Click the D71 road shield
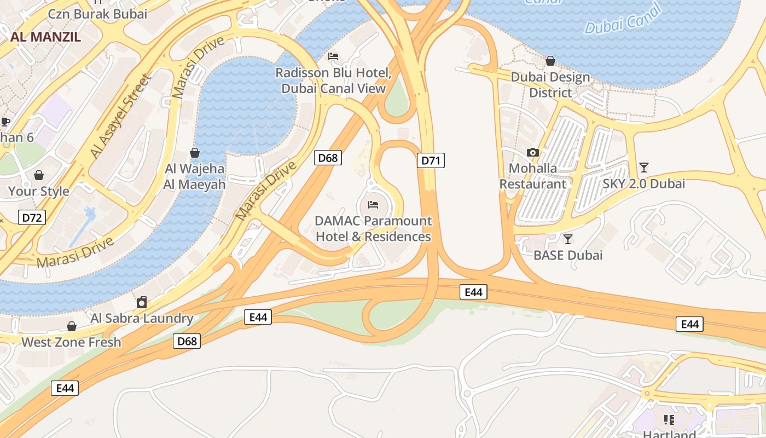tap(431, 160)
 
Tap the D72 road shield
tap(31, 217)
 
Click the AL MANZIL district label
tap(45, 37)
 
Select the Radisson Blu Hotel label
tap(333, 80)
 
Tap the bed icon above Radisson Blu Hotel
tap(333, 56)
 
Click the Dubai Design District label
tap(550, 85)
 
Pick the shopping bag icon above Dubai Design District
tap(550, 61)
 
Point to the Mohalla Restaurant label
tap(533, 176)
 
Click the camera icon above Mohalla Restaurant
tap(533, 152)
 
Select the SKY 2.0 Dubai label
tap(644, 183)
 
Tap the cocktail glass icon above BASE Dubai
tap(568, 239)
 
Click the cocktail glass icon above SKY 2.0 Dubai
tap(644, 167)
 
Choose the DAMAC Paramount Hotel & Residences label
tap(374, 229)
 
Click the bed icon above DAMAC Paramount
tap(373, 205)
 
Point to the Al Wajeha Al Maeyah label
tap(195, 176)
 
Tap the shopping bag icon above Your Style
tap(39, 175)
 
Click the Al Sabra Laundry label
tap(142, 318)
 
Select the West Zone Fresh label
tap(71, 342)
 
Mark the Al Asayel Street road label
tap(120, 117)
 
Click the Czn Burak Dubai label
tap(98, 14)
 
